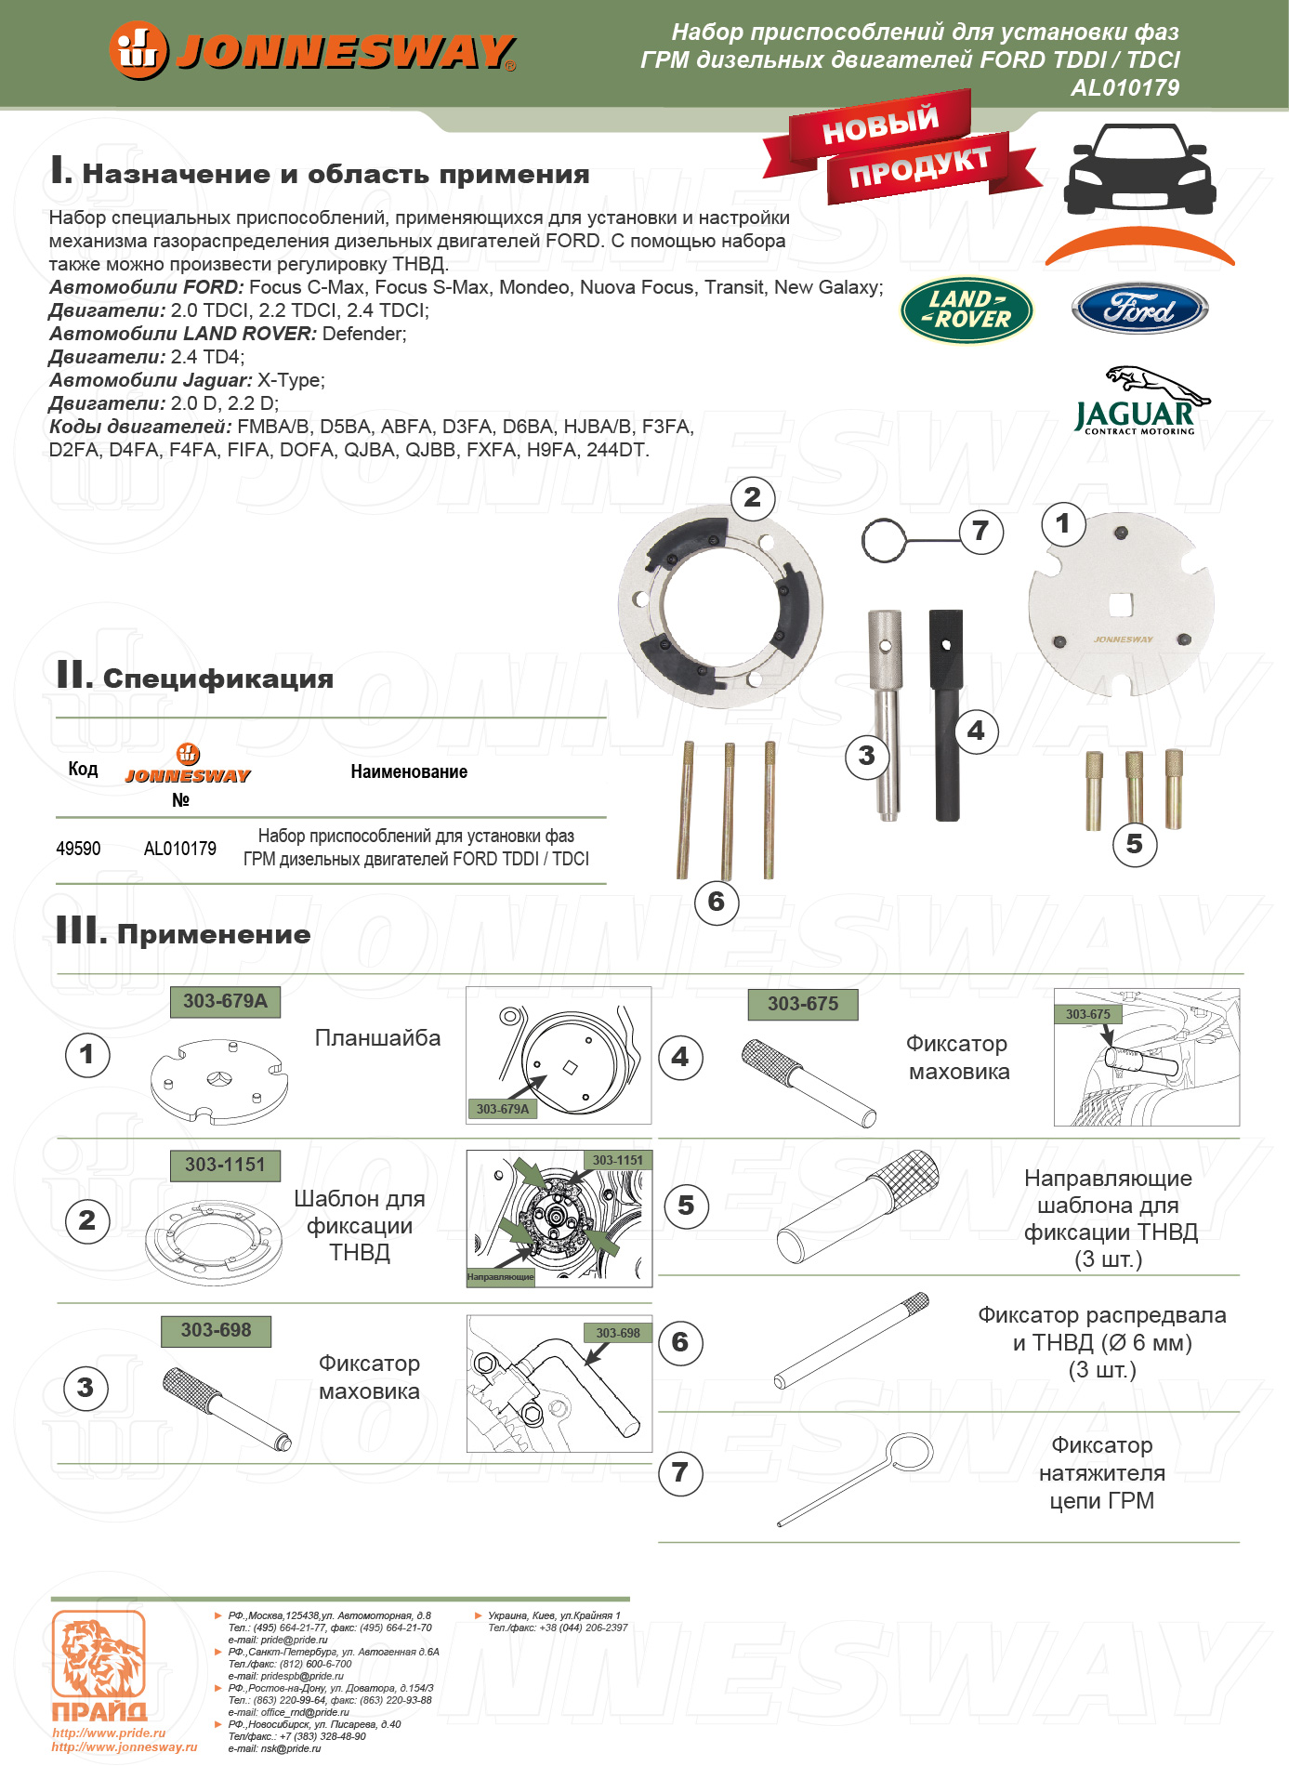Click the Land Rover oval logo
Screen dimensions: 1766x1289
tap(967, 310)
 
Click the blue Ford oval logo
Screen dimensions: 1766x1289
tap(1139, 310)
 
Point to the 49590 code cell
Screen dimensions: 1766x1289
tap(78, 849)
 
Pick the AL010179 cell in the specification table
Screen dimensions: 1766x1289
tap(180, 849)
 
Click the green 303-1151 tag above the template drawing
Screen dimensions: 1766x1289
tap(225, 1165)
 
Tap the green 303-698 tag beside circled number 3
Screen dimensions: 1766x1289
tap(216, 1330)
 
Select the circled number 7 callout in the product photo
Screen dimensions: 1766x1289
tap(980, 531)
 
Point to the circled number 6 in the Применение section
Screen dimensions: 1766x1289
tap(680, 1342)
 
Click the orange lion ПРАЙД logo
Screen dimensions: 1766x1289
tap(99, 1666)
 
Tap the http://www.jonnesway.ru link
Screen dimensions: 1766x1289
tap(125, 1746)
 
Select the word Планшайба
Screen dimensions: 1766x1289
tap(377, 1038)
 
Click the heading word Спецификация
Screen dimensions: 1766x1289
tap(217, 679)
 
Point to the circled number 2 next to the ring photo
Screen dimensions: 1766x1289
tap(752, 498)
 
